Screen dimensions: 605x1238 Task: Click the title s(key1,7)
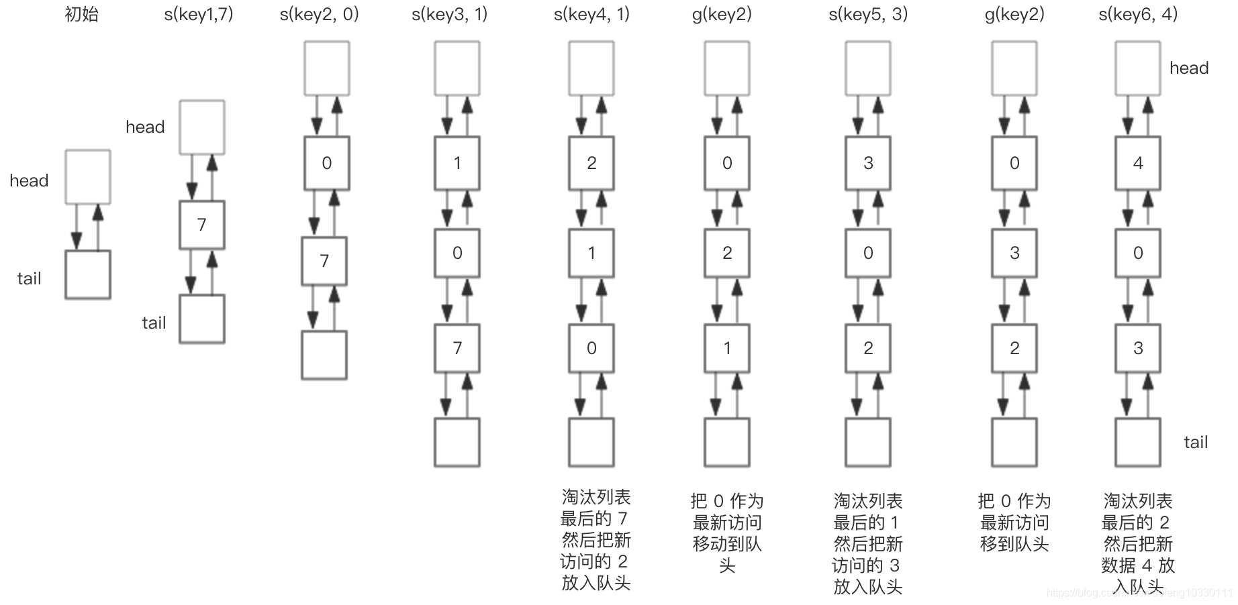pos(199,14)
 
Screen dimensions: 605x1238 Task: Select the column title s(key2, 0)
pos(320,14)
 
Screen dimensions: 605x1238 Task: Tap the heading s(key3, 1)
pos(450,14)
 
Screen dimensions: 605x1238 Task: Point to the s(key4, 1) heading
pos(591,14)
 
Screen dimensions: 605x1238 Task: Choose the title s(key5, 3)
pos(868,14)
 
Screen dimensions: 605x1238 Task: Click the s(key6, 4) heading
pos(1138,14)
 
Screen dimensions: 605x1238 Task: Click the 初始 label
pos(82,14)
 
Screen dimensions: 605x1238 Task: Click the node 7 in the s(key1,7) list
pos(202,225)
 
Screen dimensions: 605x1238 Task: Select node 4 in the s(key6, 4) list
pos(1138,163)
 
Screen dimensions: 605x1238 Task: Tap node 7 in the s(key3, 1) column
pos(457,348)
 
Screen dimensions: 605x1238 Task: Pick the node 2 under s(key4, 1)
pos(591,163)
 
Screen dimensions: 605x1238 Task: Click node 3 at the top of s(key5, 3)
pos(868,163)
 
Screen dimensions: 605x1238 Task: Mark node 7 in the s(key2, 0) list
pos(324,261)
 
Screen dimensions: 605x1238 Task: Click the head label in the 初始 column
pos(29,180)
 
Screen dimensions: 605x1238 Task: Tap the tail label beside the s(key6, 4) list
pos(1196,442)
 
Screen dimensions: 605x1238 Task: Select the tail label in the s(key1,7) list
pos(154,323)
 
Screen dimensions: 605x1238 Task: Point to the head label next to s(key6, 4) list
pos(1189,68)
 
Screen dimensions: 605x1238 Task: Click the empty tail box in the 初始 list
pos(88,275)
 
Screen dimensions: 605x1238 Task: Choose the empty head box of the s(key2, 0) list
pos(327,68)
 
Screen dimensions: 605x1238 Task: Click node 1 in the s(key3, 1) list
pos(457,163)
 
